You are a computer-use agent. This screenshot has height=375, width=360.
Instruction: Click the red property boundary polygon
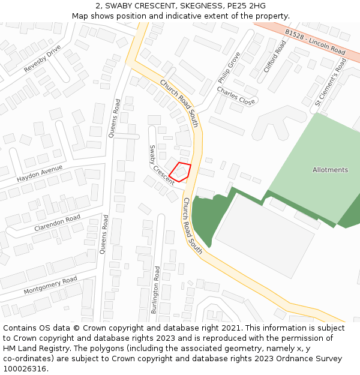tap(180, 172)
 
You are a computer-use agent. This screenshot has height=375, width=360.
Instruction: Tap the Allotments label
tap(330, 170)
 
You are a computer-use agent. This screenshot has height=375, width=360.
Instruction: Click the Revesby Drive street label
tap(43, 59)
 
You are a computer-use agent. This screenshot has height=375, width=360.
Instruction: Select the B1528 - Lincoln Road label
tap(314, 43)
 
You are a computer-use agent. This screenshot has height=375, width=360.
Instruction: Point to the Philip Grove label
tap(229, 67)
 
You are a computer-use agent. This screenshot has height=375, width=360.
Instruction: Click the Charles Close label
tap(236, 95)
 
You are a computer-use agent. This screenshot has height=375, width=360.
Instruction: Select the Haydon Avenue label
tap(40, 174)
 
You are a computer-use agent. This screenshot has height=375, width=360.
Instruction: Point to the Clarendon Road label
tap(57, 221)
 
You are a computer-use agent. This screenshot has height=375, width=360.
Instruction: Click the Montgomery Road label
tap(50, 285)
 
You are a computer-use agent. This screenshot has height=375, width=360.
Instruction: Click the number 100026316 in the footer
tap(25, 368)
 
